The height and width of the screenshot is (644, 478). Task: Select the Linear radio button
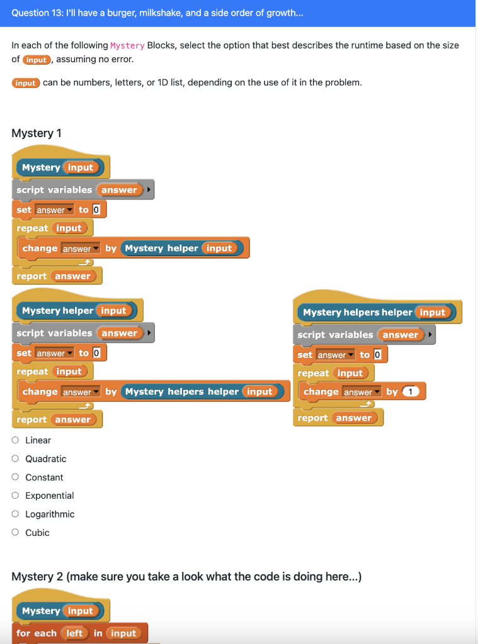15,440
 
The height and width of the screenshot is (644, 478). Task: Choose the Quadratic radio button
15,459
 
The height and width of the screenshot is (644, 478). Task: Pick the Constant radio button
15,477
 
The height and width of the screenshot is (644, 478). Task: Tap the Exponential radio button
15,496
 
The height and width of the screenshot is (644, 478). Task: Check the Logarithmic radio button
15,514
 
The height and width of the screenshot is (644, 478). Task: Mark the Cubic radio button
15,533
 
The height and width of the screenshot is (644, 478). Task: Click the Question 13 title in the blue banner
157,13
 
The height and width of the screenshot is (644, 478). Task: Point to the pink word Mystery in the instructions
127,46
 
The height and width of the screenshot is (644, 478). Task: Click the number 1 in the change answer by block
411,392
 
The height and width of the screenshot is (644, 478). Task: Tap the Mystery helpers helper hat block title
357,313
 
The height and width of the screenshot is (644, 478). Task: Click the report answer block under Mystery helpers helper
339,418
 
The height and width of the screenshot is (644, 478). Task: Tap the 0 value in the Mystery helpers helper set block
377,355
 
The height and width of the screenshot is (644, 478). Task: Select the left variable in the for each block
74,633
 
